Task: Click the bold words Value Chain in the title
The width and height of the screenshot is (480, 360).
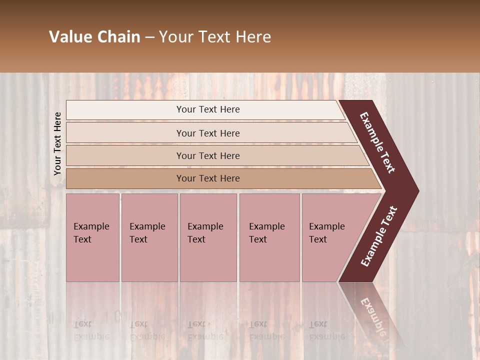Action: (94, 37)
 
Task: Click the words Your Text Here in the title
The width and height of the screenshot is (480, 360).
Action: (215, 37)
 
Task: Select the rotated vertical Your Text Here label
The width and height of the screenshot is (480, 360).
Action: (57, 143)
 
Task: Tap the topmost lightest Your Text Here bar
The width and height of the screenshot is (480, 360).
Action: (207, 109)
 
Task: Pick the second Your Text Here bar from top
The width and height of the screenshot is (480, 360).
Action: (207, 133)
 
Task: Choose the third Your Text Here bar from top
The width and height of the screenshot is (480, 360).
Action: (207, 155)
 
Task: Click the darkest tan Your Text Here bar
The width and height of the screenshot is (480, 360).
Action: (207, 178)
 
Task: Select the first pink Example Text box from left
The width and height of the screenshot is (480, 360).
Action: (92, 237)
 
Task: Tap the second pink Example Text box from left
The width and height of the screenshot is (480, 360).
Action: (149, 237)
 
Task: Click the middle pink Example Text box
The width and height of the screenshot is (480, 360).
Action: (208, 237)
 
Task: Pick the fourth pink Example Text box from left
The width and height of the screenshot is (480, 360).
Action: (269, 237)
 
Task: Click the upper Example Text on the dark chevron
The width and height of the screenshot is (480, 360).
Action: (378, 142)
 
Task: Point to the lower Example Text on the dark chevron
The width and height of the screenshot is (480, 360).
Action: (379, 236)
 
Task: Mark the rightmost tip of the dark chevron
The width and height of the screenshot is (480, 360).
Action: (417, 191)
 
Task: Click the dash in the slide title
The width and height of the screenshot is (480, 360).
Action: (149, 37)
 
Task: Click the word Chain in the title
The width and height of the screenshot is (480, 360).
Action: (119, 37)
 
